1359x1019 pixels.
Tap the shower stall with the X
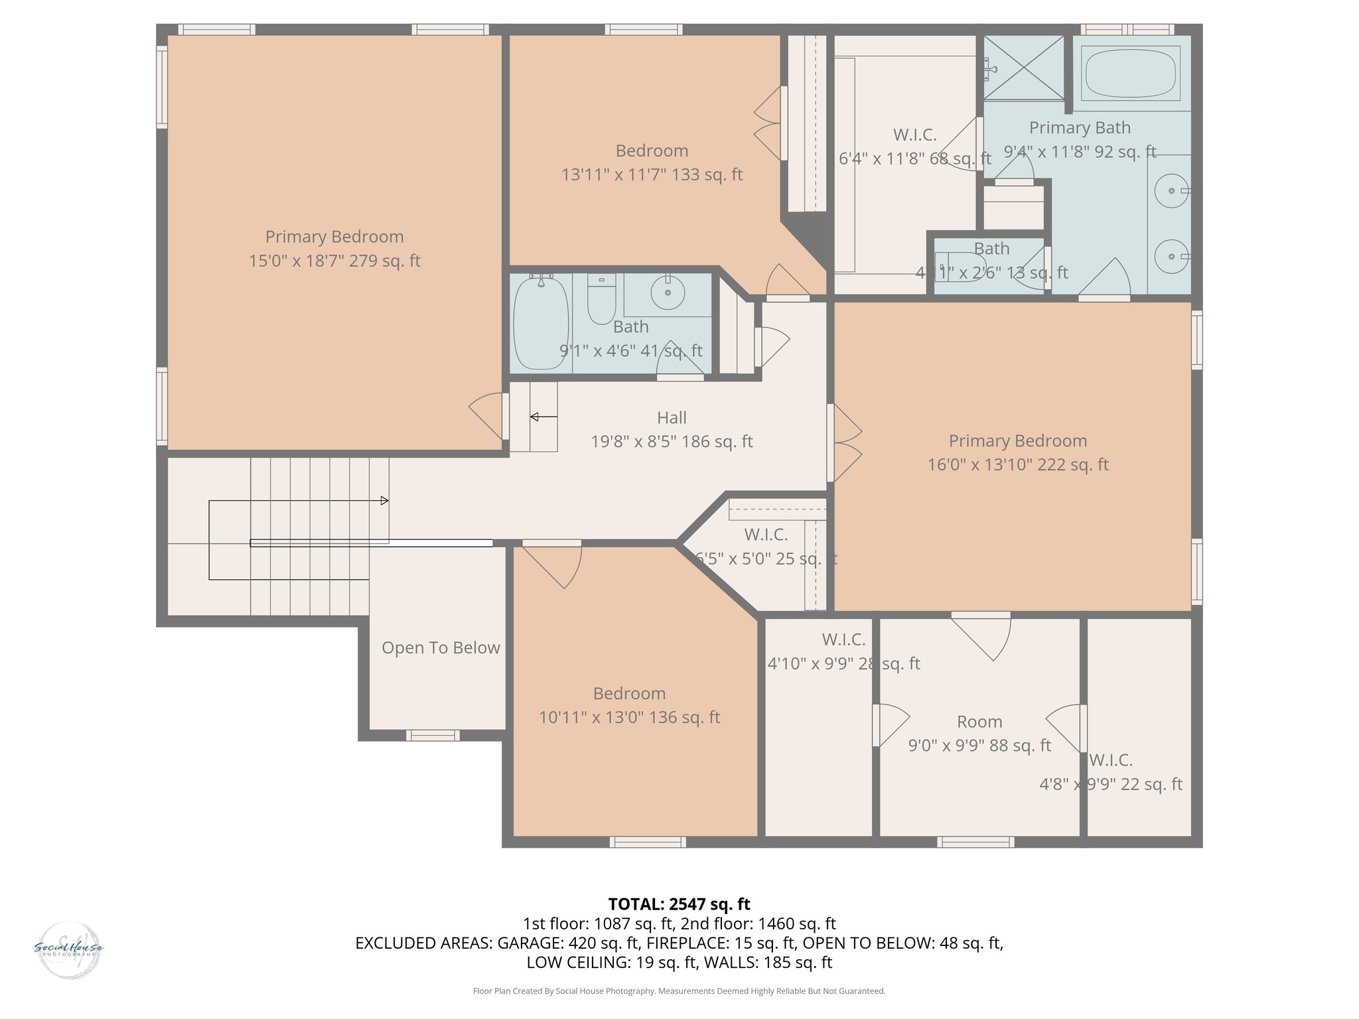click(1023, 68)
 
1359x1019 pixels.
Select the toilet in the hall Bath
click(601, 299)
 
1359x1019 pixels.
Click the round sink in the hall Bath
click(668, 292)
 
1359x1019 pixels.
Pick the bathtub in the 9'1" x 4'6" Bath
click(541, 323)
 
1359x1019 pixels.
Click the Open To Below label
click(441, 648)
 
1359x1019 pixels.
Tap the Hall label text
click(672, 418)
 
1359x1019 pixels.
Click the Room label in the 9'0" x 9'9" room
click(979, 722)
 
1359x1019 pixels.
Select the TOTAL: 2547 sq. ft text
click(679, 904)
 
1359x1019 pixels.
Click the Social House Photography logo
click(68, 949)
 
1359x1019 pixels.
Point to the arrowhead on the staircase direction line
click(385, 501)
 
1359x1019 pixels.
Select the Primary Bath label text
click(1080, 128)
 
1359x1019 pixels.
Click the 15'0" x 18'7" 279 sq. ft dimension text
click(334, 261)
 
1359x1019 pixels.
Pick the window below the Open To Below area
click(433, 735)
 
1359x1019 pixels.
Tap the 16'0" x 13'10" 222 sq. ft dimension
click(1017, 465)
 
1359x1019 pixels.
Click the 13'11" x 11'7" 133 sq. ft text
click(652, 174)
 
